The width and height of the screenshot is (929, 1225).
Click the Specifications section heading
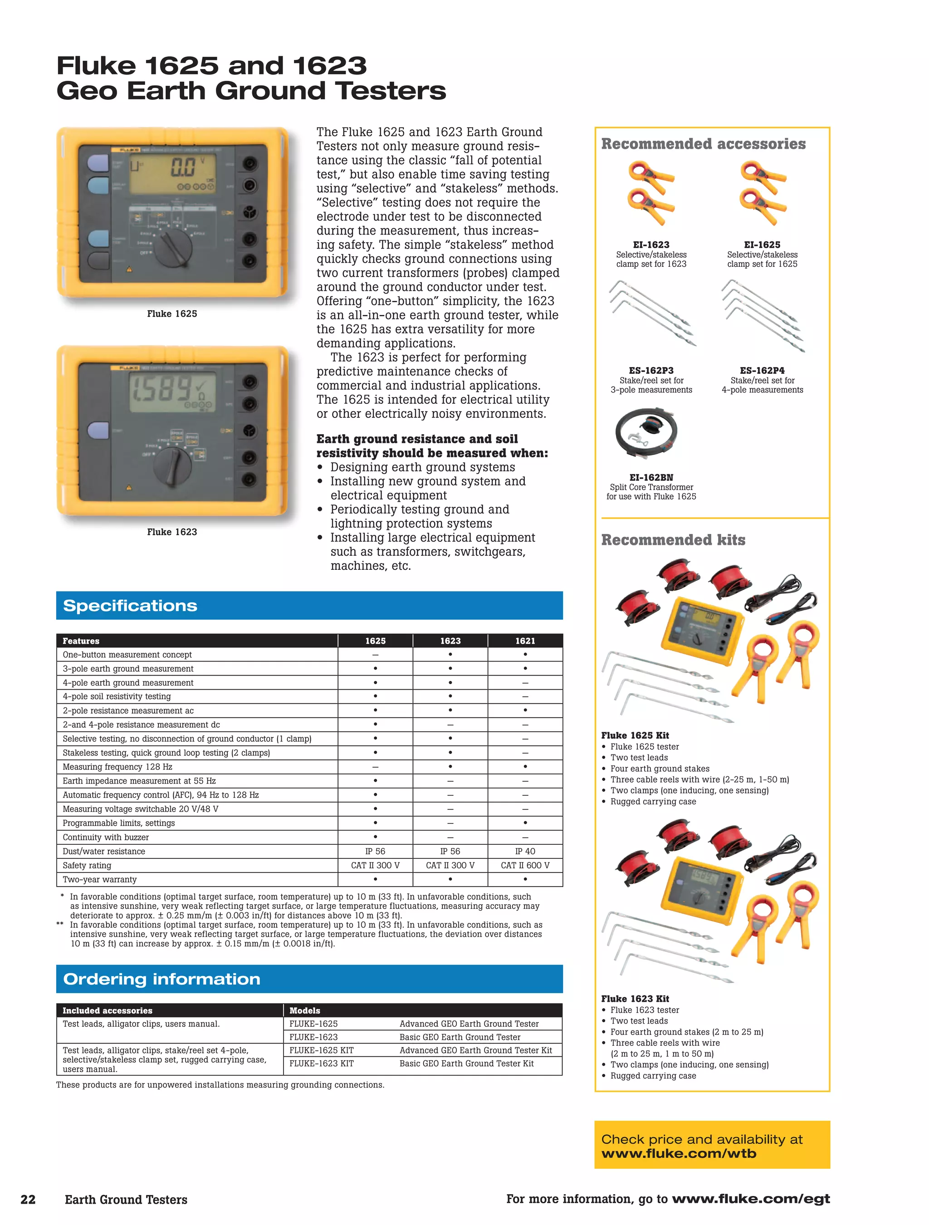[x=130, y=605]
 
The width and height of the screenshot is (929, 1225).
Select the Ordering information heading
[x=161, y=979]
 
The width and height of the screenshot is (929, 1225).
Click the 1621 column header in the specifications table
[x=525, y=641]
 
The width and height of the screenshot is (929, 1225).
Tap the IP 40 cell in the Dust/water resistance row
[x=525, y=851]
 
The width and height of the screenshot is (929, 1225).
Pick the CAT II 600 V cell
[x=525, y=865]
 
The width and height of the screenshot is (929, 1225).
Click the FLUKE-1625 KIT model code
[x=321, y=1050]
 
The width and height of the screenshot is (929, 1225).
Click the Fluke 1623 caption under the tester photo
[x=171, y=532]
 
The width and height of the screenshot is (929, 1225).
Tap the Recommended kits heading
[x=673, y=540]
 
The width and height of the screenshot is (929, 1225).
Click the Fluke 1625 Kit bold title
[x=635, y=735]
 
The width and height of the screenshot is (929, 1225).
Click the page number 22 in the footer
[x=28, y=1200]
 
